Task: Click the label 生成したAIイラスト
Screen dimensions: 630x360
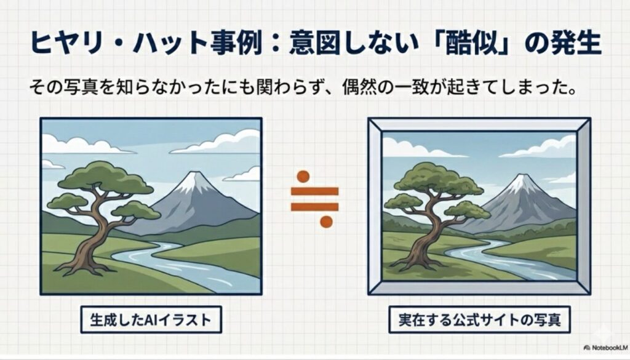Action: pos(151,320)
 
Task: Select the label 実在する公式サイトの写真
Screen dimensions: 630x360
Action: pos(479,320)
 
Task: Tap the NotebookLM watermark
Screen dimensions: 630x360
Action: pos(606,348)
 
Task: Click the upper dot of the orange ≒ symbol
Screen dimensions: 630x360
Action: pos(303,177)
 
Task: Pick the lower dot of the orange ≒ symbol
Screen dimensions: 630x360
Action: pos(326,222)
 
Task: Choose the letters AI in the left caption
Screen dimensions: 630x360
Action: pos(151,320)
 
